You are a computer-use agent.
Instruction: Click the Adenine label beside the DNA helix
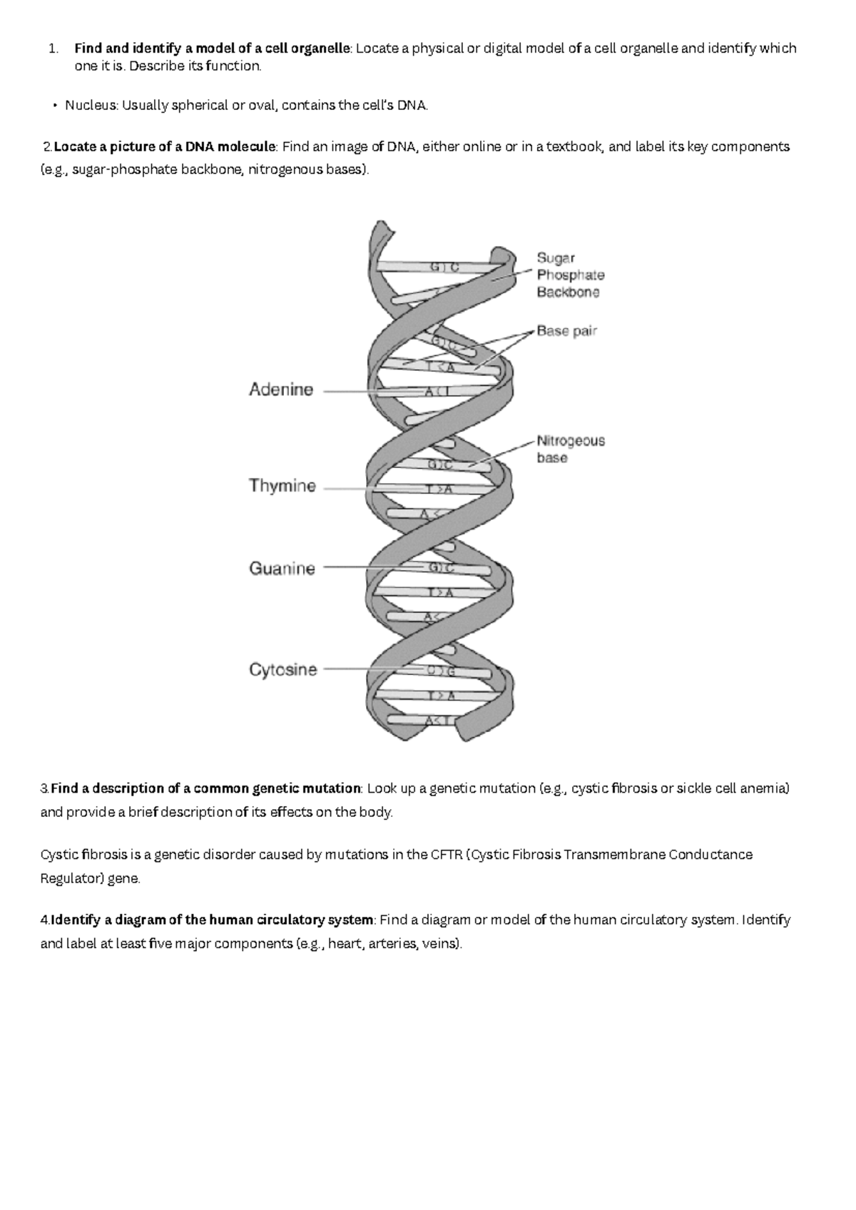281,390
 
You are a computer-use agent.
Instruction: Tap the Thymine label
282,487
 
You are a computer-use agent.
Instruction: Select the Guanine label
282,569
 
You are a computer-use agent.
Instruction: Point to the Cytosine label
283,670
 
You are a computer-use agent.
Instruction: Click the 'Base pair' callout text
567,331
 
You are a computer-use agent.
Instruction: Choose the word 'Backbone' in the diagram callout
569,293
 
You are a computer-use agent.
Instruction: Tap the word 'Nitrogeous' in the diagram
571,441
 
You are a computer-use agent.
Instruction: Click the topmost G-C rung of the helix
442,268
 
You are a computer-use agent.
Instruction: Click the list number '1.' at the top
52,49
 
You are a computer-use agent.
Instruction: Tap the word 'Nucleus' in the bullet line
91,106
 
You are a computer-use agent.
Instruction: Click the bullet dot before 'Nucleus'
54,106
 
